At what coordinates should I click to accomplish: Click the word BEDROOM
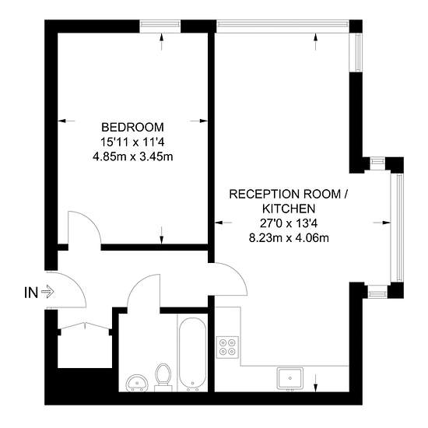tap(132, 127)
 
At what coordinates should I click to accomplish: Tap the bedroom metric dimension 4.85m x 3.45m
tap(133, 156)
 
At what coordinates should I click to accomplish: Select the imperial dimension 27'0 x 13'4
tap(289, 223)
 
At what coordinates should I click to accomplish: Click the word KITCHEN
tap(289, 209)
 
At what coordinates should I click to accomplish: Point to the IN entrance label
tap(31, 293)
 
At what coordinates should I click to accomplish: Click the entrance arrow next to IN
tap(47, 292)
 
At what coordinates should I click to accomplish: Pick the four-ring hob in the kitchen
tap(228, 347)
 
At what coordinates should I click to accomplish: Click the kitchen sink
tap(290, 378)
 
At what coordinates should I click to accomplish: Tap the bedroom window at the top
tap(160, 26)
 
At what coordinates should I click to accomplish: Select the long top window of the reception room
tap(282, 26)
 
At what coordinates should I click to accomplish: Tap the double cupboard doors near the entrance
tap(85, 326)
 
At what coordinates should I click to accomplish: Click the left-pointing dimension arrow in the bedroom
tap(66, 121)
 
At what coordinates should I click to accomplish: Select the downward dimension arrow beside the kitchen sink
tap(315, 383)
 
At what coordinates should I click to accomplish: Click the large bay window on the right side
tap(397, 228)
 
